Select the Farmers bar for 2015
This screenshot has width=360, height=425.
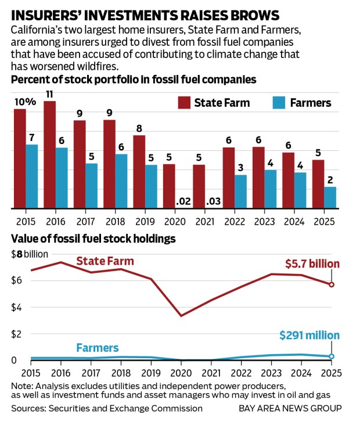click(32, 177)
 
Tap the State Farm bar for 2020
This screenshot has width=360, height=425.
click(168, 186)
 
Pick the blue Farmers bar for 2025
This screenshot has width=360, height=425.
click(329, 197)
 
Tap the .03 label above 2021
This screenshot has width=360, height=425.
click(214, 201)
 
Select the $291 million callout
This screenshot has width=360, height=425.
click(309, 336)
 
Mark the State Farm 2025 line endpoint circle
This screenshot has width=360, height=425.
click(331, 284)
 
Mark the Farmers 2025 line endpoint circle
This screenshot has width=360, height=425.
click(331, 356)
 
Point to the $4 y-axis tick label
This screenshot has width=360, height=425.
click(17, 307)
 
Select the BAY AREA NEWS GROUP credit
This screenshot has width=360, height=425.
click(290, 408)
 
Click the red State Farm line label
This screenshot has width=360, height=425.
click(105, 261)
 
